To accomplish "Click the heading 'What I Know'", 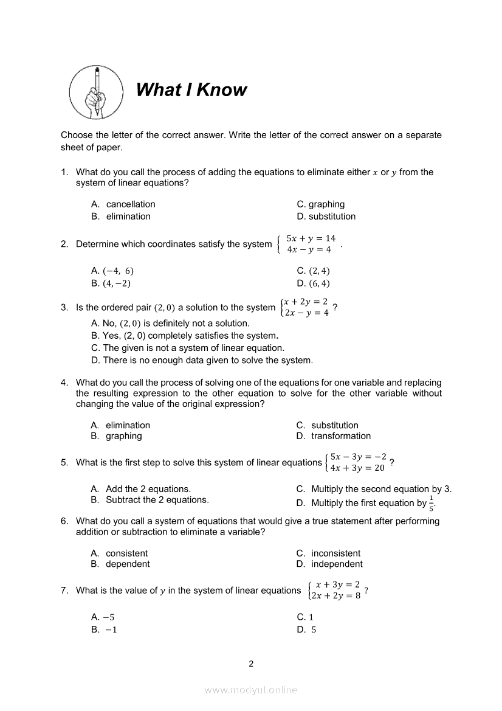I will (191, 90).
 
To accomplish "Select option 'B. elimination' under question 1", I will (121, 217).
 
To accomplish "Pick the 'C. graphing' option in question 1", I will (320, 204).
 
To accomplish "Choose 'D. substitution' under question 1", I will (326, 217).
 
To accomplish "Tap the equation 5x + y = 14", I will (311, 238).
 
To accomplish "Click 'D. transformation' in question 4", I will (334, 436).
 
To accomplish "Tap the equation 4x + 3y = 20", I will (357, 468).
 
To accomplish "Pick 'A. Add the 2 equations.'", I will (140, 489).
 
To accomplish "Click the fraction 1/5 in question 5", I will (432, 503).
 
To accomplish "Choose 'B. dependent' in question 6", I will (120, 564).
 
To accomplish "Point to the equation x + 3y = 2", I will (338, 584).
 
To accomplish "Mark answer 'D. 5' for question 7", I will (306, 630).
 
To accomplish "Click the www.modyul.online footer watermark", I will (251, 690).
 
